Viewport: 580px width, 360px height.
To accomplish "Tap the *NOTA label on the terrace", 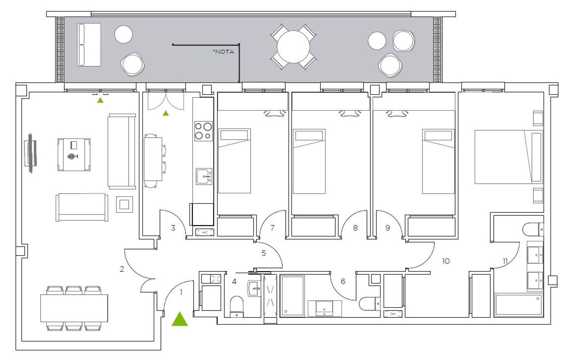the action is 223,52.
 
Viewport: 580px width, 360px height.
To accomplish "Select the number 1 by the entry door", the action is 181,292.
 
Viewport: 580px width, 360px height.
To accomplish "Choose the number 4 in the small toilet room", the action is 234,281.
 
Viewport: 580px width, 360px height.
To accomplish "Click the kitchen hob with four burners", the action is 203,131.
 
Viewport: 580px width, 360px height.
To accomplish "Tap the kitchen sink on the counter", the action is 204,176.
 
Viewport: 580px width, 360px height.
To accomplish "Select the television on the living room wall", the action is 31,153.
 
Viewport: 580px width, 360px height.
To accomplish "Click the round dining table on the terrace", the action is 293,47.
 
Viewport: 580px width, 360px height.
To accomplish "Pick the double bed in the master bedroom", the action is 508,157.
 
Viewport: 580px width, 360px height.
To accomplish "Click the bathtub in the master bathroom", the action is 519,305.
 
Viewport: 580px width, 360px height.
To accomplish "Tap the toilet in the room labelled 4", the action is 237,307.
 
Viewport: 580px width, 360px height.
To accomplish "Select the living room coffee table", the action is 74,155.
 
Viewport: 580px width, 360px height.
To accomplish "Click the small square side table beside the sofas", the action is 124,204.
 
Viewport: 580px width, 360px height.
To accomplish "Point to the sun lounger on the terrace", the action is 89,44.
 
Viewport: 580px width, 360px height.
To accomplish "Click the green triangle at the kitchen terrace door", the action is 166,113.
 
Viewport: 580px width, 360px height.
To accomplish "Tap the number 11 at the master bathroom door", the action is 505,261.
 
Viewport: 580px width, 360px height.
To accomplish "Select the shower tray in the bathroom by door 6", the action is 292,296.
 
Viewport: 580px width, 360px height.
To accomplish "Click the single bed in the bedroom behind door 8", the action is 309,161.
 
